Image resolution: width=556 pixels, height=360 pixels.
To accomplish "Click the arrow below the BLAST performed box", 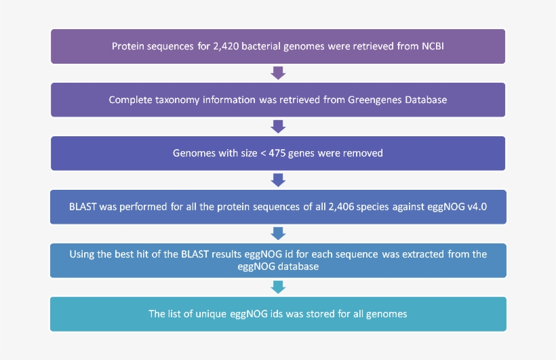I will coord(277,233).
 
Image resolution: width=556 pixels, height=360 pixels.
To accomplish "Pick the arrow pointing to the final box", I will coord(277,287).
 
